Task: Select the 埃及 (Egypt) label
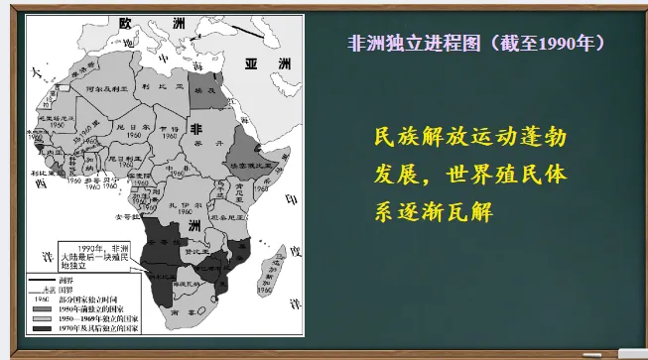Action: [x=203, y=89]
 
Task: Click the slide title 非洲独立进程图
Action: [x=406, y=45]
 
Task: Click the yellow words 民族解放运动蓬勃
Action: [x=470, y=136]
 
